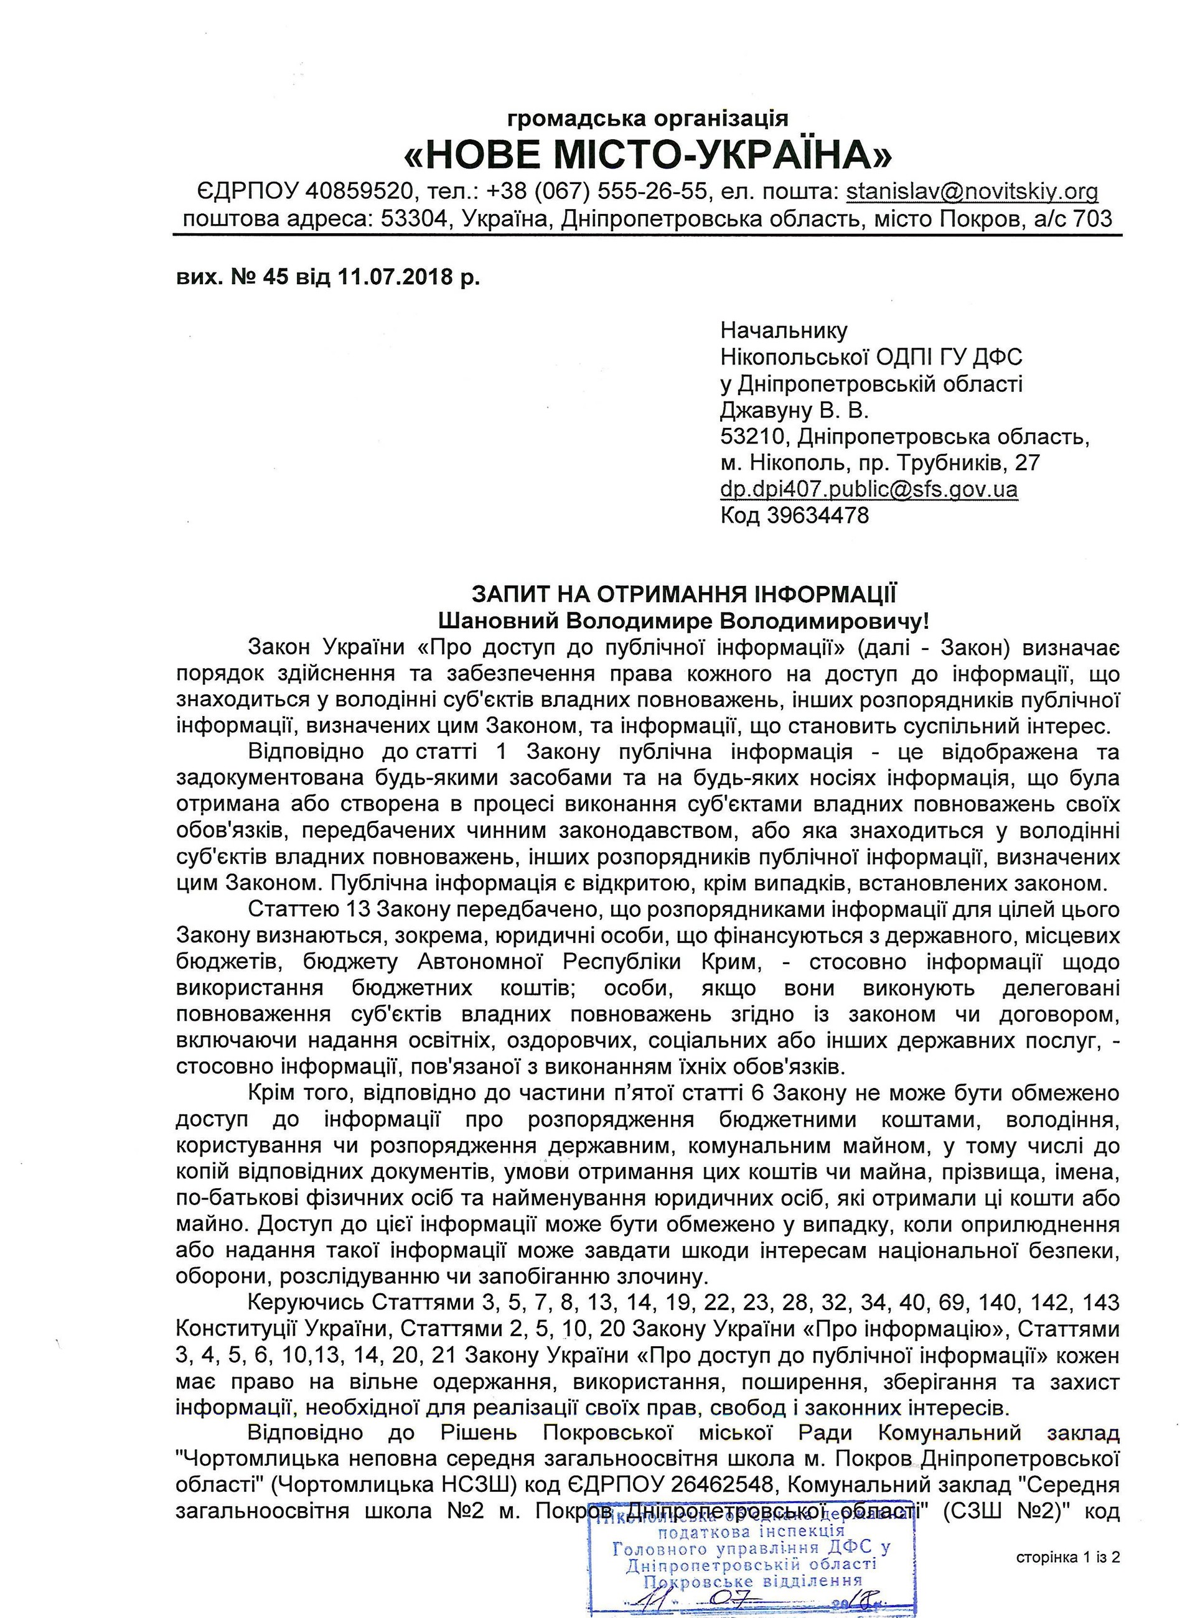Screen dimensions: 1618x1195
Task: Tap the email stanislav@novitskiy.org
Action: click(x=972, y=191)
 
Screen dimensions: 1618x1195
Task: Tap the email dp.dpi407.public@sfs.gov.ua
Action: click(x=869, y=490)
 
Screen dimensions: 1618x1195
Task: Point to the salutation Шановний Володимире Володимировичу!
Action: click(x=683, y=620)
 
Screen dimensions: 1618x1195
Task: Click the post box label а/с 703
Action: click(x=1067, y=218)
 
